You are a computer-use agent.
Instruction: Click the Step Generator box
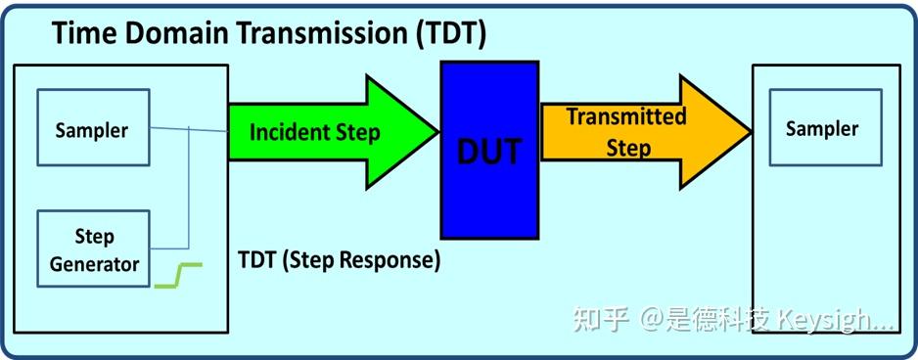coord(94,248)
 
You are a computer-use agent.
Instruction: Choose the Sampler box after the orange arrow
coord(822,128)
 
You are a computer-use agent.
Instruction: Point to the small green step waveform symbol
coord(178,275)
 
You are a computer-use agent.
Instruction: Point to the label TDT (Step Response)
coord(339,260)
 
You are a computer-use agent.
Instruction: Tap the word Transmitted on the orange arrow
coord(626,116)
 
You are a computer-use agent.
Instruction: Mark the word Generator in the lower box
coord(94,264)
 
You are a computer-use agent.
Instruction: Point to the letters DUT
coord(489,152)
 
